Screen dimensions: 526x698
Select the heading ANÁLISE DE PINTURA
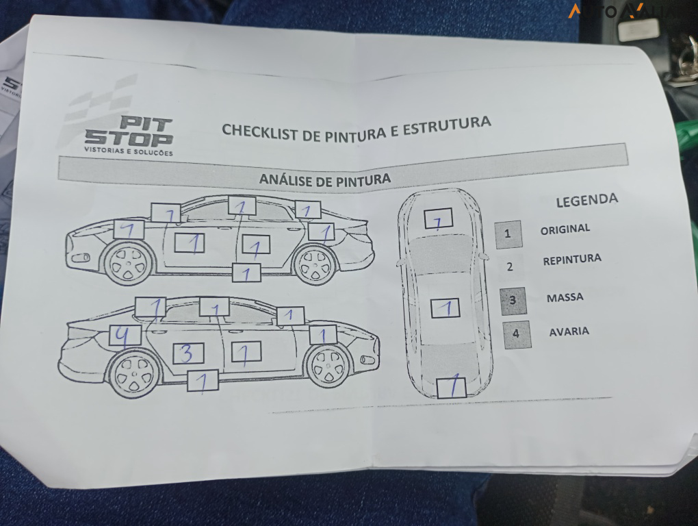(325, 180)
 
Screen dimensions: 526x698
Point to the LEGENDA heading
(586, 200)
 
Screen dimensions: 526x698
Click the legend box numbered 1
(508, 234)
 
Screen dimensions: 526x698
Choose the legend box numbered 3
(513, 300)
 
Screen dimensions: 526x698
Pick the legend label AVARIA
(569, 331)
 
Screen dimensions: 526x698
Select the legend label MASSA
(565, 298)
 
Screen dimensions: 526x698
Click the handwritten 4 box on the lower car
(125, 335)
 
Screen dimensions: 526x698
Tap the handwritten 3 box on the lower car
(188, 353)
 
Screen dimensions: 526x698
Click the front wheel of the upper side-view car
(129, 264)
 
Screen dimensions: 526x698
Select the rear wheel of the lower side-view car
(135, 374)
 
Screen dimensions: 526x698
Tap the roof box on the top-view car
(445, 308)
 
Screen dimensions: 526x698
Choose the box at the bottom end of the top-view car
(451, 388)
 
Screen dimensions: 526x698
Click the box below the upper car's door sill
(246, 273)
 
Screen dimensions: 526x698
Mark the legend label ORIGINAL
(565, 229)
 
